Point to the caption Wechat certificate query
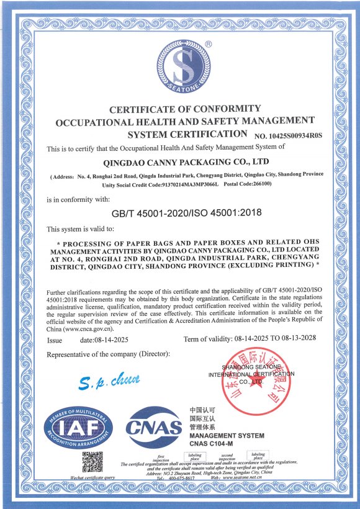pyautogui.click(x=92, y=478)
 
